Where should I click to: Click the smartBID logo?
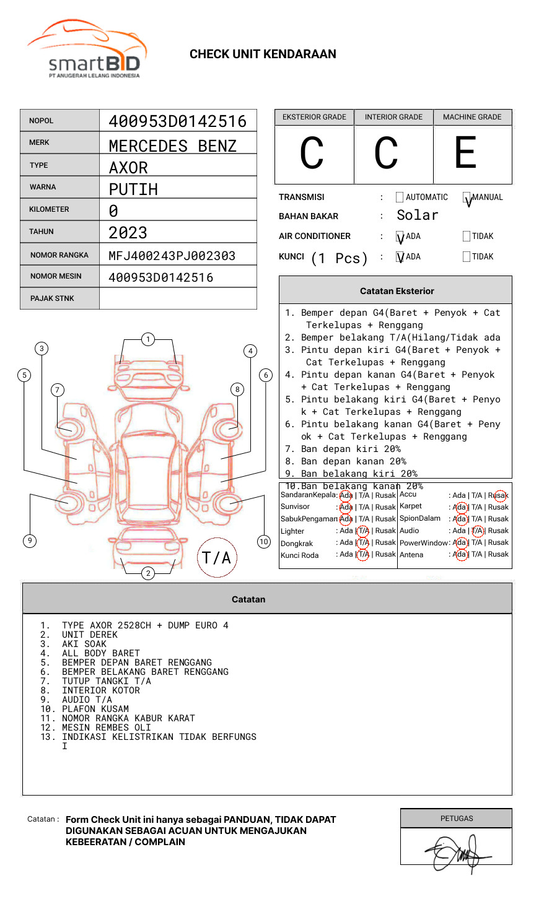87,50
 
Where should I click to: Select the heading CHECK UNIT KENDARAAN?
263,54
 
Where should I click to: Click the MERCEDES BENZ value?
172,146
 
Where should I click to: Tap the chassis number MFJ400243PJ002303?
172,256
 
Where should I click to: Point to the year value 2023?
128,233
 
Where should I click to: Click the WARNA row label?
43,187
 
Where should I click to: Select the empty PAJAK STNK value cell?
178,298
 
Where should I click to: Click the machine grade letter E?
466,153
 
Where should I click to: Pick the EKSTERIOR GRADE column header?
314,117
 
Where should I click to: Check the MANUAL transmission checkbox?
467,198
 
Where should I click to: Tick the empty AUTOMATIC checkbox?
400,198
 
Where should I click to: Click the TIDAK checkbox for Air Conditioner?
467,237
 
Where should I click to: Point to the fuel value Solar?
417,215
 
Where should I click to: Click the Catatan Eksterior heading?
397,291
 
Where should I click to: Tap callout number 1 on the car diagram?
147,339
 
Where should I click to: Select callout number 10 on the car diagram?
264,542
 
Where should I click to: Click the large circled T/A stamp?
217,557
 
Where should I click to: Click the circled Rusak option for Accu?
498,495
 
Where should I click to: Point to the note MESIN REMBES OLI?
106,727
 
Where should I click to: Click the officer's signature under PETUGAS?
455,853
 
